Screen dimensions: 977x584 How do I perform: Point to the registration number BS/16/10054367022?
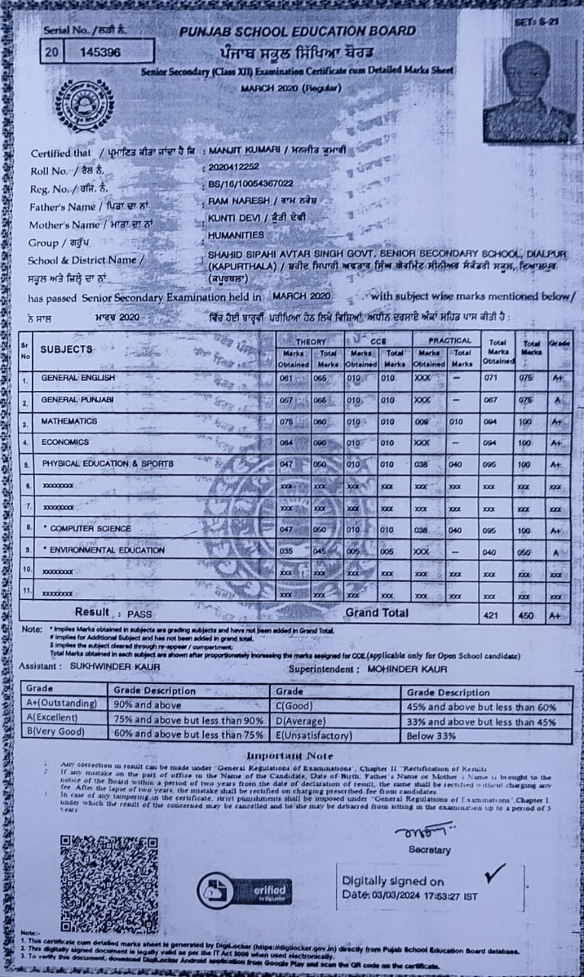click(x=250, y=184)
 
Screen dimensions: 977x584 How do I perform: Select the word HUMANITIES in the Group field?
click(x=236, y=236)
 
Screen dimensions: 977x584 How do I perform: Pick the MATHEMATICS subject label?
click(x=69, y=421)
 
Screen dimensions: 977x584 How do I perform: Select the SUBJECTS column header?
click(x=66, y=349)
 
